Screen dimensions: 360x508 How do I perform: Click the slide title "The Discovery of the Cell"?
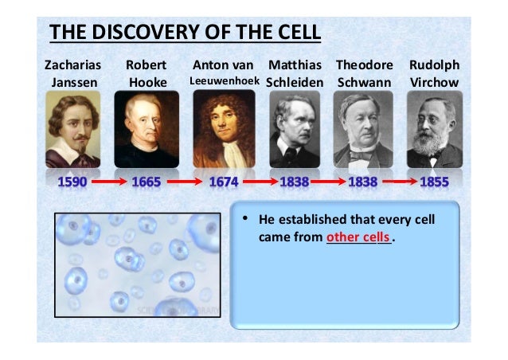[185, 33]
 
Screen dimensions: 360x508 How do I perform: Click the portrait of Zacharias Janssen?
[74, 129]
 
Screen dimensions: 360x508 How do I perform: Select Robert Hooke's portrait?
[147, 129]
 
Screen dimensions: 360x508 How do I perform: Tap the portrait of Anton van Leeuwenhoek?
[224, 129]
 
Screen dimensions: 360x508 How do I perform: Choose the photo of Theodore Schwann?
[365, 129]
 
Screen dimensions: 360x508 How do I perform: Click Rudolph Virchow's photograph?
[434, 129]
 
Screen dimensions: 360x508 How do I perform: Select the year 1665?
[147, 182]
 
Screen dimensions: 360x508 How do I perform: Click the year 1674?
[224, 182]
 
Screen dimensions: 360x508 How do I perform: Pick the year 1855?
[434, 182]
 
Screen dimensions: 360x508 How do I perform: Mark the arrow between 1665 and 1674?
[184, 182]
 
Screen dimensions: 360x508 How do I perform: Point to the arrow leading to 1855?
[400, 182]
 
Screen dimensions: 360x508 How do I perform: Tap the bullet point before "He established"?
[246, 219]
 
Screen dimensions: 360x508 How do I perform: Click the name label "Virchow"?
[433, 82]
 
